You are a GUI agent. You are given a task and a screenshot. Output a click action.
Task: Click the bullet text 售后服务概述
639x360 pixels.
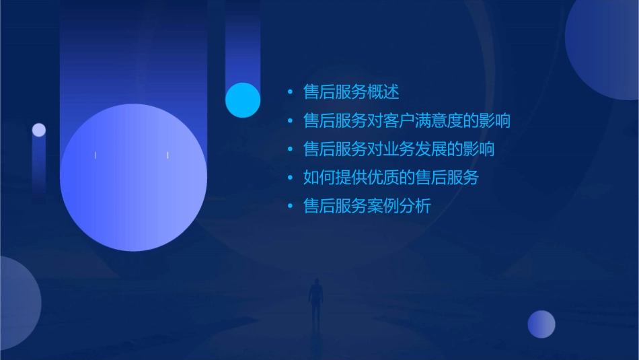coord(351,92)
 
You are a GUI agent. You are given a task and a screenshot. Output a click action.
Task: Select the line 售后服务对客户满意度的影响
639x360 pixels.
coord(407,121)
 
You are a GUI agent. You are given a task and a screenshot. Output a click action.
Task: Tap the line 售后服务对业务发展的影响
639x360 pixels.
coord(399,149)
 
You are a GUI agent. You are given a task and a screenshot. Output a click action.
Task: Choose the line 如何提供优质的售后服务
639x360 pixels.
coord(391,178)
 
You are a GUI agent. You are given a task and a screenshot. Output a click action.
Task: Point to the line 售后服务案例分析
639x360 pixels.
coord(367,207)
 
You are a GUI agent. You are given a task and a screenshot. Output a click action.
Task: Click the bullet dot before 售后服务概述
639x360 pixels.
coord(290,93)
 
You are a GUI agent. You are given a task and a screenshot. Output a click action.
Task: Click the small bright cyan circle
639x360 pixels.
coord(243,100)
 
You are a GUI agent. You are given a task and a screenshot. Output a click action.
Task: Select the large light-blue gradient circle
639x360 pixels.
coord(133,178)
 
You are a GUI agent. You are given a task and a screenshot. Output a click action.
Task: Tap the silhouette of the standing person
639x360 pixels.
coord(315,300)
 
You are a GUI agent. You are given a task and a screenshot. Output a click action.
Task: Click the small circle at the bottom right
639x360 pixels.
coord(541,324)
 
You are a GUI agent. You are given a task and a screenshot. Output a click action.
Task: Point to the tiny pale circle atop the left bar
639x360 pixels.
coord(39,130)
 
